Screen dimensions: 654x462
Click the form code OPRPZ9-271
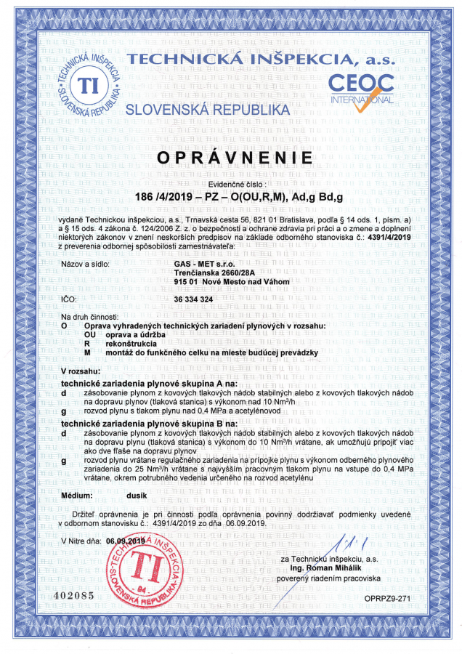click(x=398, y=597)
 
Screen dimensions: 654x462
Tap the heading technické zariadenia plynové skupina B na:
click(x=149, y=422)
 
